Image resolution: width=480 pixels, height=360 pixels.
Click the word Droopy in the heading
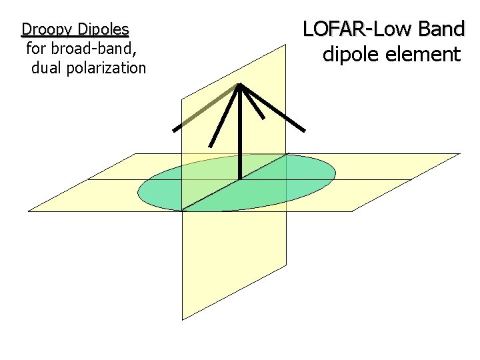(x=47, y=29)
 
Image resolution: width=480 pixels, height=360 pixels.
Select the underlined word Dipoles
(x=103, y=29)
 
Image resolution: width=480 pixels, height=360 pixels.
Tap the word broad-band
(x=97, y=48)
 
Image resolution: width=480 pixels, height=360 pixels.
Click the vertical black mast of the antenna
(x=240, y=133)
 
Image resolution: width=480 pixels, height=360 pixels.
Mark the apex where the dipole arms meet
(x=240, y=85)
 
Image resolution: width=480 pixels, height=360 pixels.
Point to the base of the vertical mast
(x=240, y=179)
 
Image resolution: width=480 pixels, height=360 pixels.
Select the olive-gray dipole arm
(x=207, y=107)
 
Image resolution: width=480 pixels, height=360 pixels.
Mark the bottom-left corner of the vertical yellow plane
(x=183, y=319)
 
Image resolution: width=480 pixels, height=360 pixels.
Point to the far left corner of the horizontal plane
(x=29, y=211)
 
